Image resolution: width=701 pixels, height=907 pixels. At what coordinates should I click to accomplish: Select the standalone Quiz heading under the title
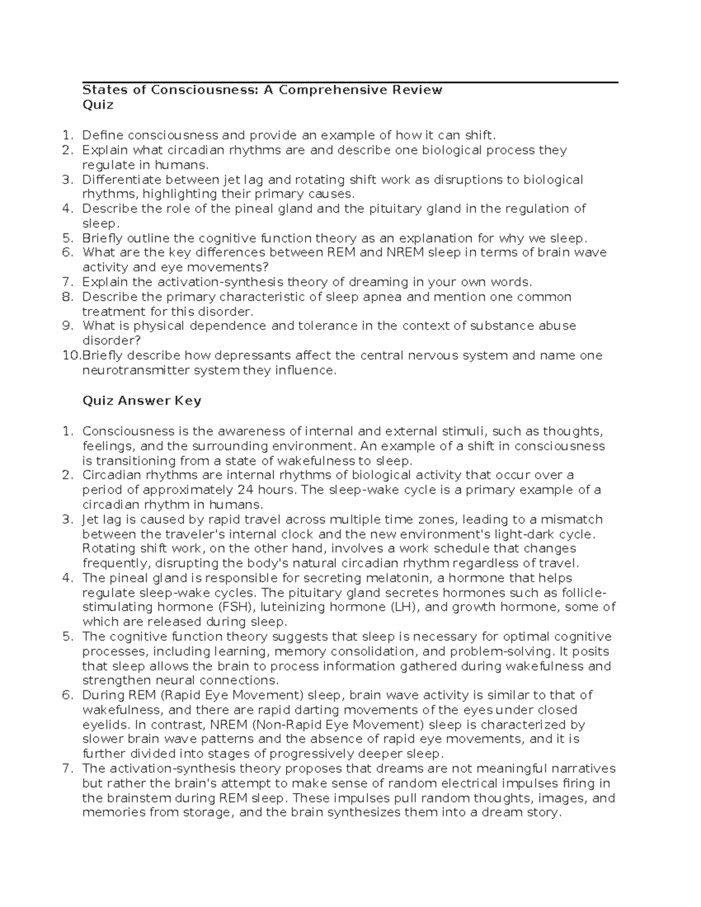[x=98, y=105]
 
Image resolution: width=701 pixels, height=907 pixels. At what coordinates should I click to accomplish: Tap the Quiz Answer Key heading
[x=142, y=401]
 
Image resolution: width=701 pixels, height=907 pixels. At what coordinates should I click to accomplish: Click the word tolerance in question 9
[x=328, y=326]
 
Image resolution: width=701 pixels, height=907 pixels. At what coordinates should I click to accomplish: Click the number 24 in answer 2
[x=247, y=490]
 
